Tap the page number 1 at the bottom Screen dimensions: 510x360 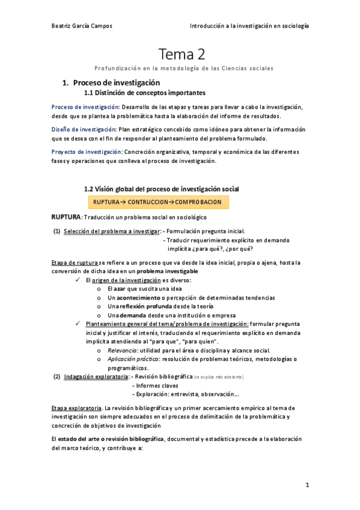tap(307, 484)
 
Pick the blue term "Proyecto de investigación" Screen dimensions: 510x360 tap(86, 152)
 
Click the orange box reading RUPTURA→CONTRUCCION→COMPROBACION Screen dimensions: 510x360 tap(158, 202)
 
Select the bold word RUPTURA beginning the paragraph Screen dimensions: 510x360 tap(66, 217)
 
